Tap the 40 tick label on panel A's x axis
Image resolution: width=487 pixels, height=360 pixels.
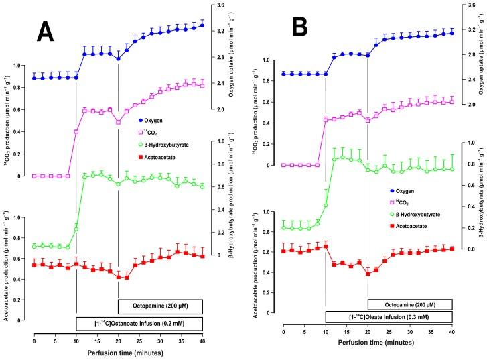click(x=202, y=340)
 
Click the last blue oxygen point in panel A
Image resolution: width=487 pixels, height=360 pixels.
click(x=202, y=25)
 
